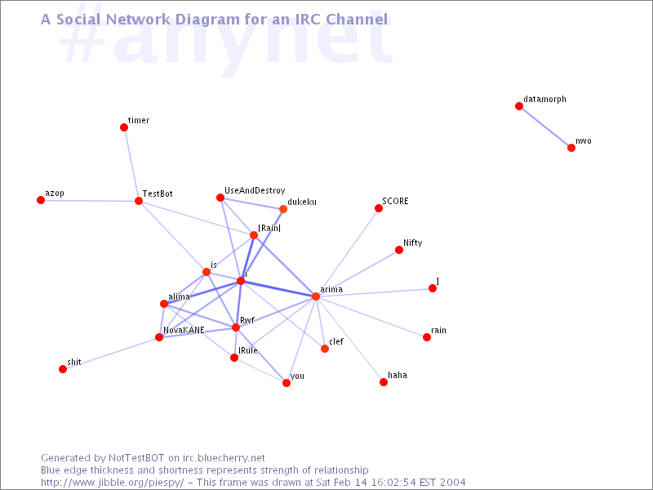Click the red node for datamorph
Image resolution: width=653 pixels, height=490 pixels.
pyautogui.click(x=519, y=106)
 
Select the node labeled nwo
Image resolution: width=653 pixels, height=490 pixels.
pyautogui.click(x=571, y=148)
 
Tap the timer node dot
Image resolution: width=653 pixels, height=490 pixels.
pyautogui.click(x=124, y=127)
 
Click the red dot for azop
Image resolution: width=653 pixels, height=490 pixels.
pyautogui.click(x=41, y=200)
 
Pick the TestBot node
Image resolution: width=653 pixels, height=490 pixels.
pyautogui.click(x=139, y=201)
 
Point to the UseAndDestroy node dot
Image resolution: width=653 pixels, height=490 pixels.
pyautogui.click(x=220, y=198)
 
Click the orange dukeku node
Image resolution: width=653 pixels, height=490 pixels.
pyautogui.click(x=283, y=209)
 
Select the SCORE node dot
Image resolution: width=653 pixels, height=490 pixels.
pyautogui.click(x=379, y=208)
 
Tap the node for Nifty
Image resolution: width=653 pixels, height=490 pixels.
pyautogui.click(x=399, y=250)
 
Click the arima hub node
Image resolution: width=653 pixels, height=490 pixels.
pyautogui.click(x=316, y=296)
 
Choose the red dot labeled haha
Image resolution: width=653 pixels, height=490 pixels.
pyautogui.click(x=384, y=382)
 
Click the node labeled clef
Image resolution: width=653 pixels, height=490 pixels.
pyautogui.click(x=325, y=349)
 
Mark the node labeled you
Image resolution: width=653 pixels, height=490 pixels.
pyautogui.click(x=287, y=383)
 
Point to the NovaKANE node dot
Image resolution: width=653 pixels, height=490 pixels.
pyautogui.click(x=159, y=337)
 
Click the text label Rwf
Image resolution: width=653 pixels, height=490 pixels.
pyautogui.click(x=247, y=320)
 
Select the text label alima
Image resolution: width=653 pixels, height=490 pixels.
pyautogui.click(x=179, y=296)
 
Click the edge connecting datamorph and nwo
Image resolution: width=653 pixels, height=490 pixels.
pyautogui.click(x=545, y=127)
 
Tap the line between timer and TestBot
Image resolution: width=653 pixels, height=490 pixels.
pyautogui.click(x=131, y=164)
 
